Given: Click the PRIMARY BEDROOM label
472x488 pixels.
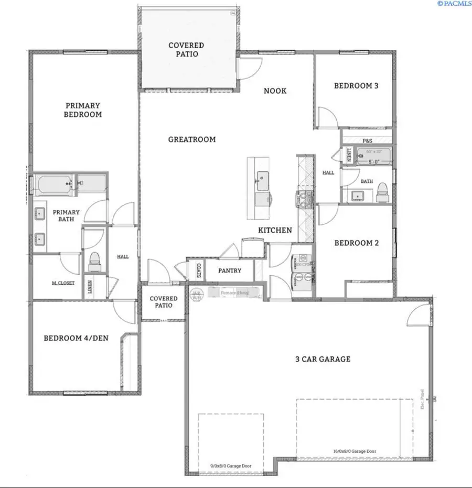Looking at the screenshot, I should pos(83,110).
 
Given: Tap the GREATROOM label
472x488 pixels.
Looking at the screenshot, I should pos(192,139).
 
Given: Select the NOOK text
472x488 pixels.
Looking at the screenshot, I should pos(275,91).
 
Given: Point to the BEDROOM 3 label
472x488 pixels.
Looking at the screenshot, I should pos(356,85).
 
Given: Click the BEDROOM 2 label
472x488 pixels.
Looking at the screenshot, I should pos(356,243).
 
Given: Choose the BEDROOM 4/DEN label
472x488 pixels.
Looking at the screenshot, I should pos(76,338).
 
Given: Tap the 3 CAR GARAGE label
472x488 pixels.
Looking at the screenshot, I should pos(322,359).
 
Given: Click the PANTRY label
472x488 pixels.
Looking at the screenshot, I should pos(230,271).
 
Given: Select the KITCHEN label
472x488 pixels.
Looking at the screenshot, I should pos(275,230).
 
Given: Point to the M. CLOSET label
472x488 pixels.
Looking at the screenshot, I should pos(63,283).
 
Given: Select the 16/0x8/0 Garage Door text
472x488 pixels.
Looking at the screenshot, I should pos(355,451).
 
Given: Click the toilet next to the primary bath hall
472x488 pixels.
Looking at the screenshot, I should pos(95,261).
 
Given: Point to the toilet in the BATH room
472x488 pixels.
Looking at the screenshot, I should pos(382,191).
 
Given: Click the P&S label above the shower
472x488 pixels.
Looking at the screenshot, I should pos(367,141).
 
